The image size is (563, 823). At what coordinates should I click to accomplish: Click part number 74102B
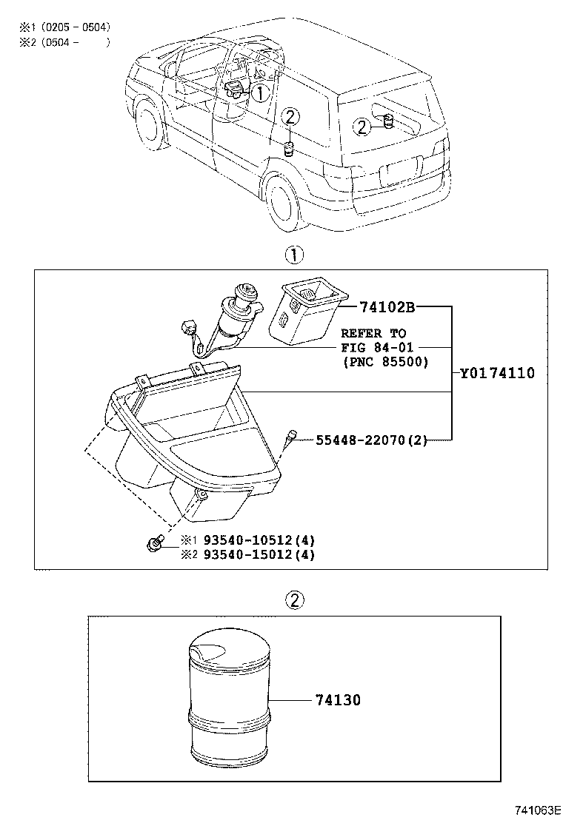(387, 306)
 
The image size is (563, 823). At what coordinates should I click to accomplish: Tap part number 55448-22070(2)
(372, 440)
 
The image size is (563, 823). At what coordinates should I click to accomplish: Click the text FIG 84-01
(378, 348)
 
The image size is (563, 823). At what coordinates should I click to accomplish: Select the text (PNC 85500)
(385, 362)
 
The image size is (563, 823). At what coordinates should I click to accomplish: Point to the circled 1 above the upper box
(294, 255)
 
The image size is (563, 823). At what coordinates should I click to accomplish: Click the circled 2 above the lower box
(294, 600)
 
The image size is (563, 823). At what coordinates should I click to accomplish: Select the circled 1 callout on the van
(260, 93)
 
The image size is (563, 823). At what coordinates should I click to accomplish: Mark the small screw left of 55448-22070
(290, 439)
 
